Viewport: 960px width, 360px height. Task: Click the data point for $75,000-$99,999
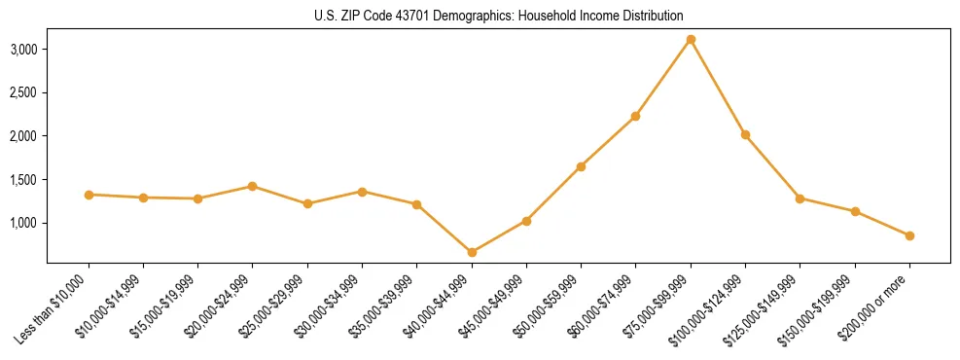691,40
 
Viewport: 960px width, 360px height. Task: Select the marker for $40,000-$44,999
472,252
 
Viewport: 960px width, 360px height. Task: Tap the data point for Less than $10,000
89,195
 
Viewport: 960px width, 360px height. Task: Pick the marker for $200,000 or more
909,235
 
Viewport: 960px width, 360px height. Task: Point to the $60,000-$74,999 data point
635,116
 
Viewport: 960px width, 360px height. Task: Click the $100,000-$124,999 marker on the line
745,134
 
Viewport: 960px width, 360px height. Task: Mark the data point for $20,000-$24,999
253,186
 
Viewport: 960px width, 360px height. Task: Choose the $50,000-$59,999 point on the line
581,166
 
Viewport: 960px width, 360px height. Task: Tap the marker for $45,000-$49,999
526,221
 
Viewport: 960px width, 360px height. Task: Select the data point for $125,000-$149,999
800,198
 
